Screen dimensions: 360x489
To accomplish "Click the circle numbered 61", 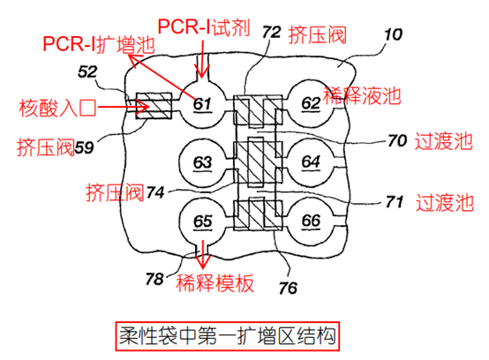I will pos(202,105).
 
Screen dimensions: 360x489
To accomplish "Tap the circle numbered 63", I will pos(202,162).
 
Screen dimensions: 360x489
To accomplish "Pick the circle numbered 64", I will pos(310,162).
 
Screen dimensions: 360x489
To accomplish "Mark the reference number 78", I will pos(155,279).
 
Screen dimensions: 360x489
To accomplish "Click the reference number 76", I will pos(288,286).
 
